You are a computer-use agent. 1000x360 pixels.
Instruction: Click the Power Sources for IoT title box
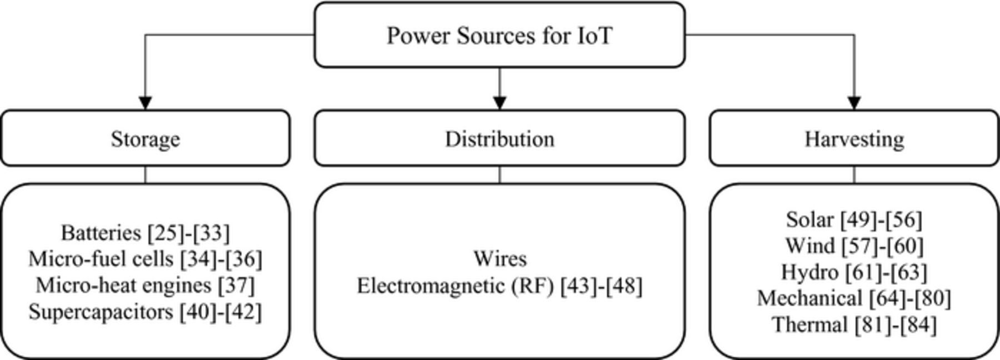[499, 35]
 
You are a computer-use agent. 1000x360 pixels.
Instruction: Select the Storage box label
[145, 138]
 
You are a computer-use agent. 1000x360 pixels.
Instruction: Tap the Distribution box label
[499, 138]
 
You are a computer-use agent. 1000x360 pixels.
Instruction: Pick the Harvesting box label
[854, 138]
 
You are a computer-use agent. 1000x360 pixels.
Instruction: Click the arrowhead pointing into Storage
[145, 103]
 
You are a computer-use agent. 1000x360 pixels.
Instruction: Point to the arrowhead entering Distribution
[499, 103]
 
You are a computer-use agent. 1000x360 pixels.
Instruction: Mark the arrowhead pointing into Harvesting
[854, 103]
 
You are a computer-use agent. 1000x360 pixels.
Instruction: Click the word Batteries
[101, 233]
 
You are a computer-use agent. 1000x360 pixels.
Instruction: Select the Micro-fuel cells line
[145, 259]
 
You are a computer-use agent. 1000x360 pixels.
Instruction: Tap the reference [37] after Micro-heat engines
[237, 286]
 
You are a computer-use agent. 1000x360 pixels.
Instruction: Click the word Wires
[499, 258]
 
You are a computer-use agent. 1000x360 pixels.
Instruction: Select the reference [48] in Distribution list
[623, 286]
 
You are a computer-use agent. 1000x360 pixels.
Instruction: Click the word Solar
[809, 220]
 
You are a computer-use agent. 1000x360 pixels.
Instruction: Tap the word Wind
[809, 246]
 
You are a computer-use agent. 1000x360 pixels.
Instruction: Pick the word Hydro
[809, 272]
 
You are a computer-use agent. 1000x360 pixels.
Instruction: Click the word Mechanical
[808, 298]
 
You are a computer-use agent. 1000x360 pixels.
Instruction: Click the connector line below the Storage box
[146, 174]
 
